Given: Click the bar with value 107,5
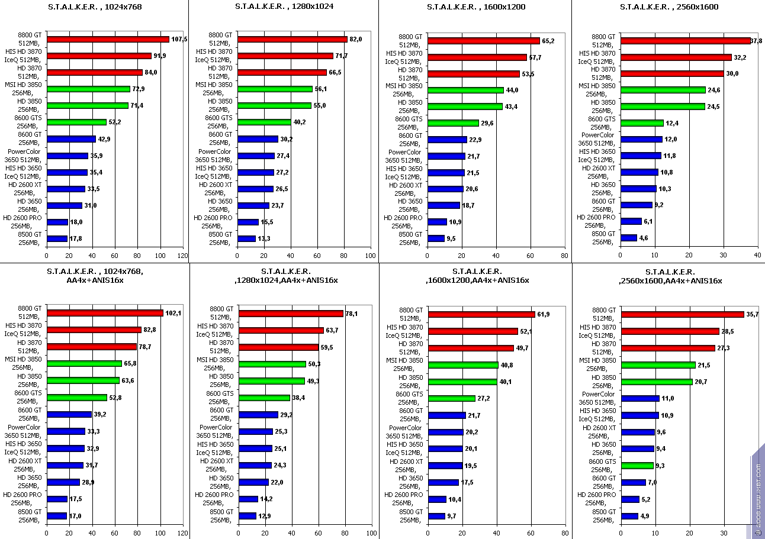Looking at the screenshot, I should tap(108, 40).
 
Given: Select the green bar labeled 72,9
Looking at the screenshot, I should tap(88, 89).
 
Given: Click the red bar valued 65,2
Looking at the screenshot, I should tap(483, 41).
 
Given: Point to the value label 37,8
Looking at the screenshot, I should tap(756, 41).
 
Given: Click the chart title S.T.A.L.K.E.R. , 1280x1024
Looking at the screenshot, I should tap(283, 7).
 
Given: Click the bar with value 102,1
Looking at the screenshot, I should tap(105, 313).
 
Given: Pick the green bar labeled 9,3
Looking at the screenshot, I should tap(637, 466).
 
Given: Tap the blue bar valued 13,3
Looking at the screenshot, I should tap(246, 238).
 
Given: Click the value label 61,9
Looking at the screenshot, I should tap(545, 314).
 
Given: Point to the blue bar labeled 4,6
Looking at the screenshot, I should tap(629, 238).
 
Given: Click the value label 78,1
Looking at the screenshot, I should tap(352, 314).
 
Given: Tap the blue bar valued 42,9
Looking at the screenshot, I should tap(71, 139).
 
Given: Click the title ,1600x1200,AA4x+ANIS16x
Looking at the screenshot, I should tap(477, 280).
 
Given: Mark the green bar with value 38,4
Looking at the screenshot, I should tap(264, 398).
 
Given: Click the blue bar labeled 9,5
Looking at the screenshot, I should tap(436, 238).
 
